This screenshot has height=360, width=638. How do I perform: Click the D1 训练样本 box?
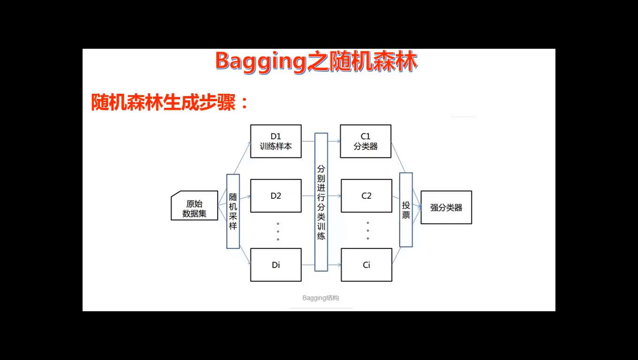point(276,141)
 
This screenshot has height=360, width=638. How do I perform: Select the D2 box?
point(276,196)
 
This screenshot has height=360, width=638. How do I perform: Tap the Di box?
point(276,265)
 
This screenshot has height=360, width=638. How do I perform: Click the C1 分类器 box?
point(365,141)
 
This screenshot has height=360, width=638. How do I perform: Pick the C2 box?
point(366,196)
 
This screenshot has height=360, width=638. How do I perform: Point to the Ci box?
point(366,265)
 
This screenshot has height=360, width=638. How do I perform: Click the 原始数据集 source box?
point(194,205)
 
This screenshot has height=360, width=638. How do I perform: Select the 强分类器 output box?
point(446,208)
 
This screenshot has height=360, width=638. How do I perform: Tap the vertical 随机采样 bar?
point(233,211)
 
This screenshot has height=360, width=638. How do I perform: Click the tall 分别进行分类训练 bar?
point(321,202)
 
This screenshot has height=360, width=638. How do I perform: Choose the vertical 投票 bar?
point(406,210)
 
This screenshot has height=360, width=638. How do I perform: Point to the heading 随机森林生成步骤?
point(163,102)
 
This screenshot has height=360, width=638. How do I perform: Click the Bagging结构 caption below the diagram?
point(320,298)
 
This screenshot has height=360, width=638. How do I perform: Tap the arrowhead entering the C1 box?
point(338,141)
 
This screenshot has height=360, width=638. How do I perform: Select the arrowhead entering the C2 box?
point(339,196)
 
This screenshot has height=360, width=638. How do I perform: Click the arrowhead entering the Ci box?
point(339,265)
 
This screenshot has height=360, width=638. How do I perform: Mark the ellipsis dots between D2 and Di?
point(278,232)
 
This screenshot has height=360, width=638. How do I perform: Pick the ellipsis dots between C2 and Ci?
point(368,231)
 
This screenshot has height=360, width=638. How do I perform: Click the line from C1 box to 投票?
point(398,157)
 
